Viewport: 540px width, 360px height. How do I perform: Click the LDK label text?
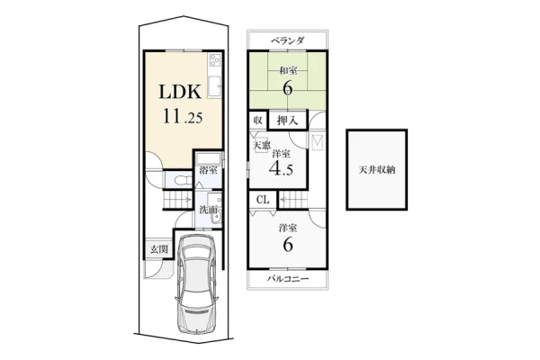pos(180,92)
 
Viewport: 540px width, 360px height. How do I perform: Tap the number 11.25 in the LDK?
pos(183,116)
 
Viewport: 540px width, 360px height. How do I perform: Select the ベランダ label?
pos(287,40)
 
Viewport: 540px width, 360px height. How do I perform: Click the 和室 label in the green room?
pos(288,70)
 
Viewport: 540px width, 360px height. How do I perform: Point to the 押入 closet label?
pos(287,121)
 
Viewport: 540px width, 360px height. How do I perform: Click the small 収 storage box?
pos(257,121)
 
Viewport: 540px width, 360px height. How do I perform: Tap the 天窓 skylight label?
pos(261,145)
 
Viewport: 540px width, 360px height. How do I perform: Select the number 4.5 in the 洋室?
pos(281,168)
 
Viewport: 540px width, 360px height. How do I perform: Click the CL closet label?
pos(263,200)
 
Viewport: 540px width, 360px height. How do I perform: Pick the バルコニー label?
pos(288,279)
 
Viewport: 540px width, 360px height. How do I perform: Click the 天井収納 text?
pos(377,170)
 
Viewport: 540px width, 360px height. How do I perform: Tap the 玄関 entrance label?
pos(158,249)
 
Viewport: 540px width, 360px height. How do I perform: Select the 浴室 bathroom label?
pos(209,170)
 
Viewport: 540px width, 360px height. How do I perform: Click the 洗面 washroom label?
pos(209,210)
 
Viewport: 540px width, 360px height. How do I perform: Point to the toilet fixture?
pos(182,180)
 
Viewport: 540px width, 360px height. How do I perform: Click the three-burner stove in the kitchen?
pos(214,60)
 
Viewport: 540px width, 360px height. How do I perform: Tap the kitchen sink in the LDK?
pos(213,85)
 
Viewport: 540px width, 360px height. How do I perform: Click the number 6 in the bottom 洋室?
pos(288,246)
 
